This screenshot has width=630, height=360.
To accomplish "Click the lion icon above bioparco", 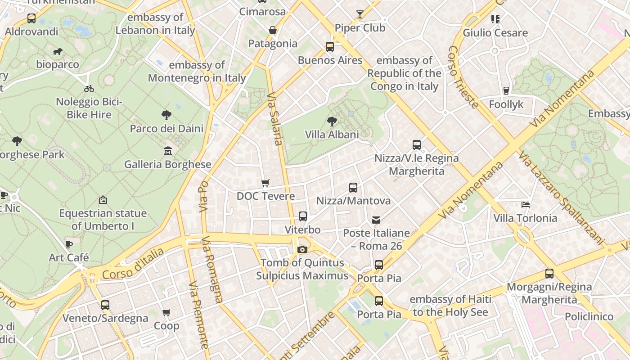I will tap(57, 51).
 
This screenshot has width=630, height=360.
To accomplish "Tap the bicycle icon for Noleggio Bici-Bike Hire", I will tap(89, 89).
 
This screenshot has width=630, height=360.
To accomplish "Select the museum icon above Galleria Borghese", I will tap(168, 151).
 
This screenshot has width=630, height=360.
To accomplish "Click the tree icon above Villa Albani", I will tap(332, 121).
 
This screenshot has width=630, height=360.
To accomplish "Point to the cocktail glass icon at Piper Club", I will tap(360, 14).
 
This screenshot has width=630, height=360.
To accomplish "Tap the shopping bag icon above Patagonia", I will tap(273, 30).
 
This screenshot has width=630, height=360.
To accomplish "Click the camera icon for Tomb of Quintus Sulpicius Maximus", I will tap(302, 249).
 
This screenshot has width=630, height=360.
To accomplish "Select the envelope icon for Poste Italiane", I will tap(376, 220).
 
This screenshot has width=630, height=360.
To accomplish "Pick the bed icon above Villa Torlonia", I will tap(525, 205).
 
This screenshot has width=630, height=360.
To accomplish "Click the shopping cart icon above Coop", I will tap(166, 312).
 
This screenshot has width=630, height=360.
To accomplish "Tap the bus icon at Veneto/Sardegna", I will tap(105, 305).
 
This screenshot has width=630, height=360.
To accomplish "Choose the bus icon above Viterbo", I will tap(303, 216).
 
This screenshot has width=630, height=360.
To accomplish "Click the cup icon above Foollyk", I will tap(506, 91).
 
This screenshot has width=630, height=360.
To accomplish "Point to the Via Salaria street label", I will tap(275, 119).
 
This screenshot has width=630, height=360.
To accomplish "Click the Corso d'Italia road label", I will tap(133, 264).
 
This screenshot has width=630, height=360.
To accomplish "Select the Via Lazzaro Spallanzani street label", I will tap(561, 198).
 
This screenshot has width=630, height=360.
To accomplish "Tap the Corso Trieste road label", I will tap(463, 77).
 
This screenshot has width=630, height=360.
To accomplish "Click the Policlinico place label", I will tap(589, 316).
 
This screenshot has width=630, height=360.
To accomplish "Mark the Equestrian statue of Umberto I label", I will tap(103, 220).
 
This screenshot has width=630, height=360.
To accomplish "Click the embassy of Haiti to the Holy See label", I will tap(450, 306).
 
